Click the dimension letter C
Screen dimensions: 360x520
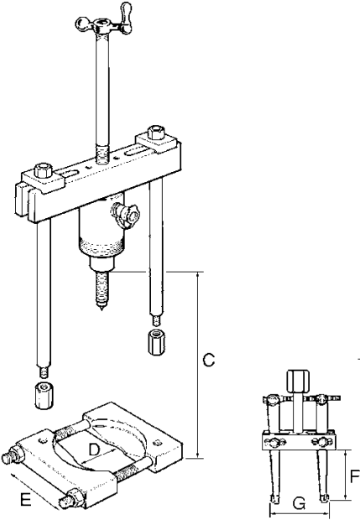coord(209,360)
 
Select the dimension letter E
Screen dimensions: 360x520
coord(26,500)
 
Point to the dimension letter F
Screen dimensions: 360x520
coord(355,477)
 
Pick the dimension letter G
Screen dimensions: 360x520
coord(299,504)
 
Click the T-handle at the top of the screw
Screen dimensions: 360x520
coord(103,22)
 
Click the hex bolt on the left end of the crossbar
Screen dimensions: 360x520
coord(42,169)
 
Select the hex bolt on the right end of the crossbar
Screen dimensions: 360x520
coord(156,132)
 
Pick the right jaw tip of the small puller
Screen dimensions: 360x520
coord(324,497)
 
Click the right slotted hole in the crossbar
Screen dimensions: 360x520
coord(137,152)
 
